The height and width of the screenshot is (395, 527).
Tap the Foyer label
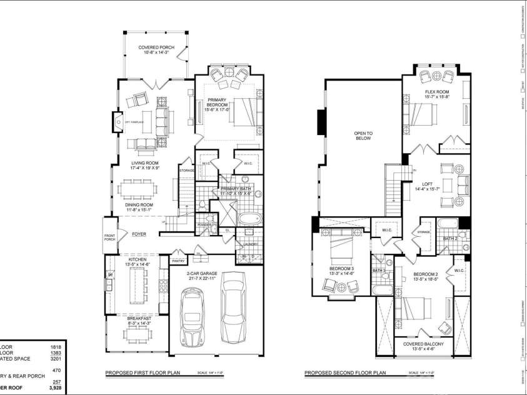coord(138,235)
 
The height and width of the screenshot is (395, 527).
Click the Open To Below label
coord(363,136)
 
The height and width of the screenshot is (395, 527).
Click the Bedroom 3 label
coord(342,271)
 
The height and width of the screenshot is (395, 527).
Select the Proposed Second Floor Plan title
coord(345,373)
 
